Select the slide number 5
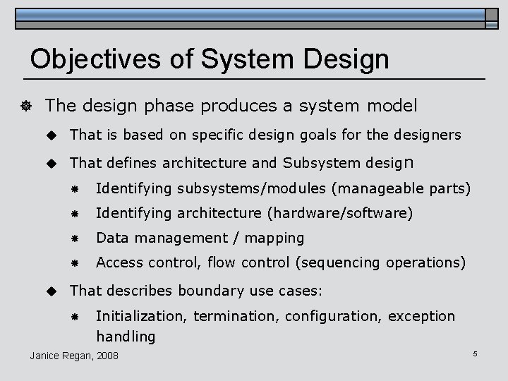coord(475,353)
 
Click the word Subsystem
coord(322,164)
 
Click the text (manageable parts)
coord(401,189)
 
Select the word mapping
coord(275,238)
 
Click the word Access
coord(119,262)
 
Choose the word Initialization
coord(141,315)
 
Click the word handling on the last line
coord(126,337)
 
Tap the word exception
coord(422,315)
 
